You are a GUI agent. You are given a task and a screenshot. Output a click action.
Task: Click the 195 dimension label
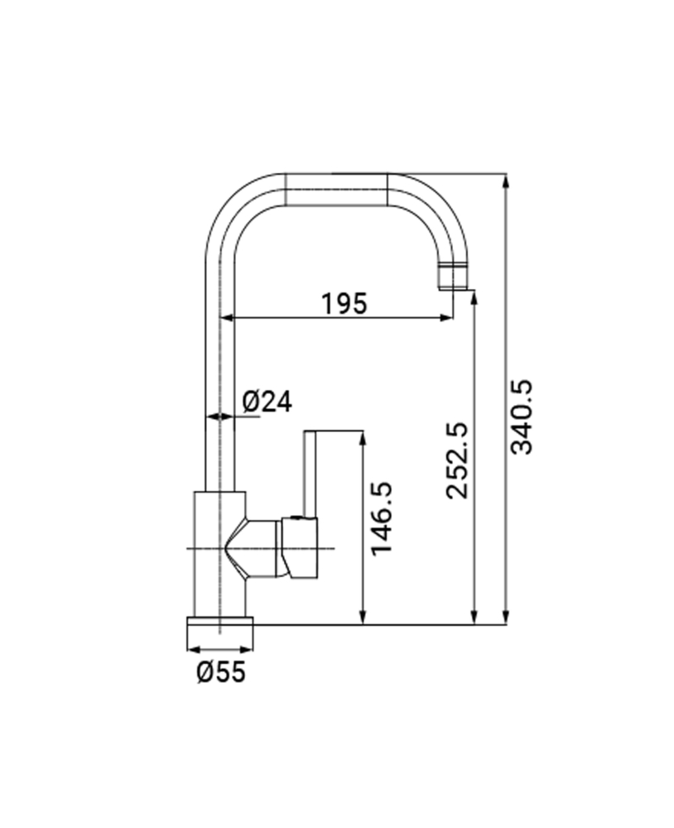point(344,304)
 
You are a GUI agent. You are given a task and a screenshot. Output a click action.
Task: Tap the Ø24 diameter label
point(267,402)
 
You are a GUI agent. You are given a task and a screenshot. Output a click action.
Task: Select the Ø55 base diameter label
point(221,672)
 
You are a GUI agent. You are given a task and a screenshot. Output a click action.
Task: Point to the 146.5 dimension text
point(382,518)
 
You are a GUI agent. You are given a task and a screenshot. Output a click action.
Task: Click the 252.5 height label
point(457,460)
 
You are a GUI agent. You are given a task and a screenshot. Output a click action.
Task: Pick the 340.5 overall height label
point(522,416)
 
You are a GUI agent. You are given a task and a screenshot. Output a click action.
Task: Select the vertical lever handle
point(310,474)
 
